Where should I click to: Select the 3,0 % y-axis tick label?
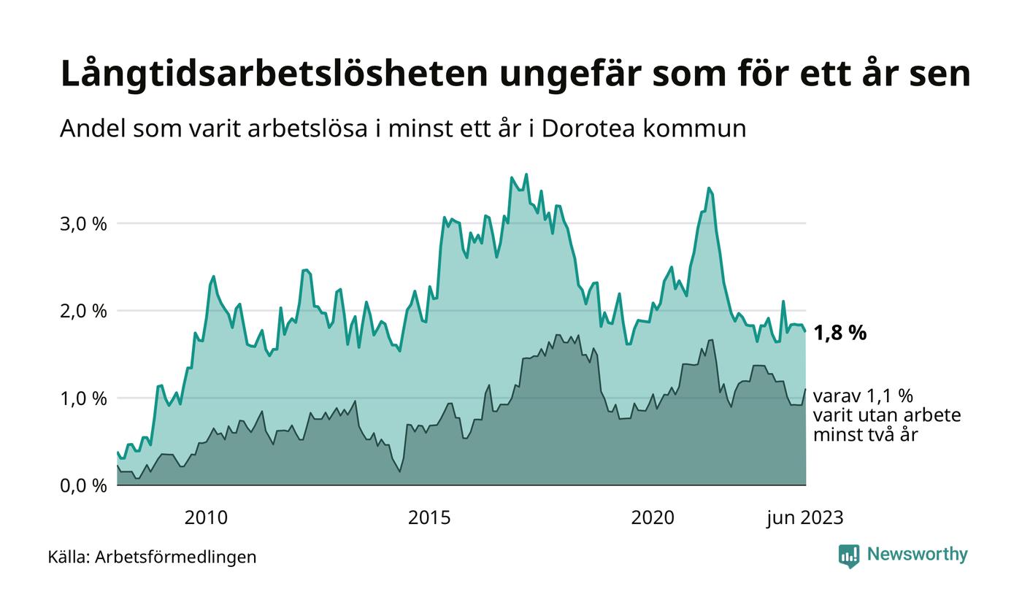coord(82,223)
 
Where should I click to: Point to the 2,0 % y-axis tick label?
coord(82,311)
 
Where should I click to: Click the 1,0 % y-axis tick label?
coord(82,398)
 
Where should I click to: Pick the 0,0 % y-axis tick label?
coord(82,485)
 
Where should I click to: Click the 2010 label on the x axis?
coord(206,518)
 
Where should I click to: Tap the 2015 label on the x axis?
coord(429,518)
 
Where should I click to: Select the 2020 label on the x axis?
coord(653,518)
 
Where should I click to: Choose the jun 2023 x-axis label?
coord(804,518)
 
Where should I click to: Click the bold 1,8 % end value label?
coord(839,334)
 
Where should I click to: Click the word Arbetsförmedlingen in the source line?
coord(176,558)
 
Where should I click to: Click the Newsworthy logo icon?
coord(849,555)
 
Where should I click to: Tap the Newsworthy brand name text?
coord(918,555)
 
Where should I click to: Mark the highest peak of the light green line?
coord(526,174)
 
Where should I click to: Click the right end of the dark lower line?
coord(806,389)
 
